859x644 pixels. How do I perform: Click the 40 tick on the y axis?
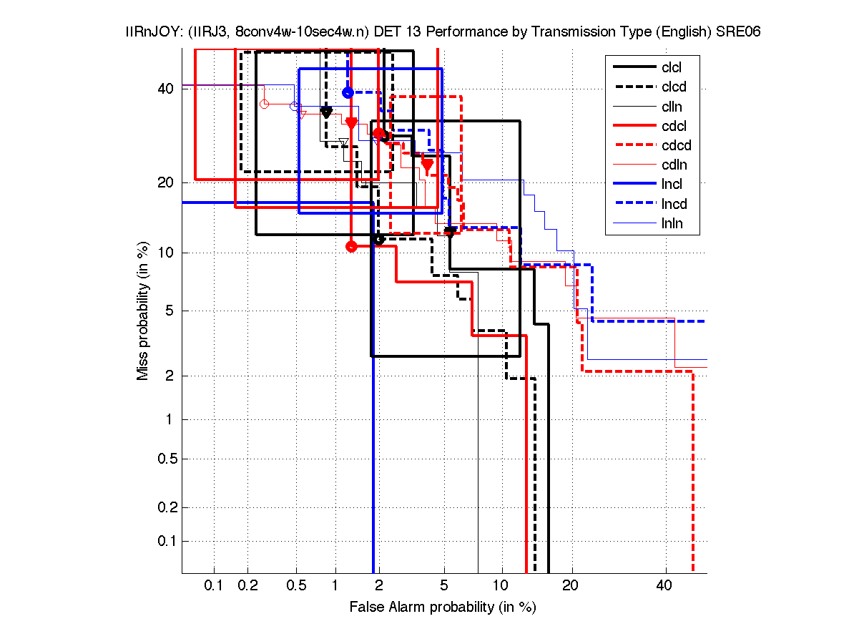point(165,89)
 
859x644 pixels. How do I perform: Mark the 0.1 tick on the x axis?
point(214,586)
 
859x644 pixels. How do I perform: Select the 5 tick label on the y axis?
point(169,311)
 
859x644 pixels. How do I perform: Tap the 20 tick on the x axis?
point(569,586)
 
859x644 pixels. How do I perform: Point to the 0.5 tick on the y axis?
point(165,459)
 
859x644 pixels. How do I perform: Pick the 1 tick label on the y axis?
point(169,419)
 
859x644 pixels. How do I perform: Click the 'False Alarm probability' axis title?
point(443,608)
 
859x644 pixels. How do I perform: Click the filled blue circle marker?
point(348,92)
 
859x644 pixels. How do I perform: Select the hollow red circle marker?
point(264,104)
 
